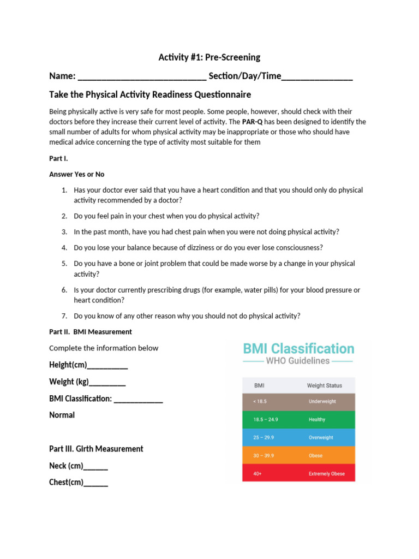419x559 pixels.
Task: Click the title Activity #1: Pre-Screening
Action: [x=209, y=57]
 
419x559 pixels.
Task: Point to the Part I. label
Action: [x=58, y=158]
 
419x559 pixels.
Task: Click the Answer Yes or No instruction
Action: [x=77, y=174]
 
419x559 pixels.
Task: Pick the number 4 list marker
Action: [x=64, y=247]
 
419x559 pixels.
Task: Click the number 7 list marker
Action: [x=64, y=316]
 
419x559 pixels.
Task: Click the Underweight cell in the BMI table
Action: [x=322, y=401]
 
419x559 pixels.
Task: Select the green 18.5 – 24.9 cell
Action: [x=266, y=419]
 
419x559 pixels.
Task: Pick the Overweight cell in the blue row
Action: [x=321, y=437]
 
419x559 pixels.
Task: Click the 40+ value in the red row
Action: [x=258, y=473]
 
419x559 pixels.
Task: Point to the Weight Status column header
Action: [x=325, y=385]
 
